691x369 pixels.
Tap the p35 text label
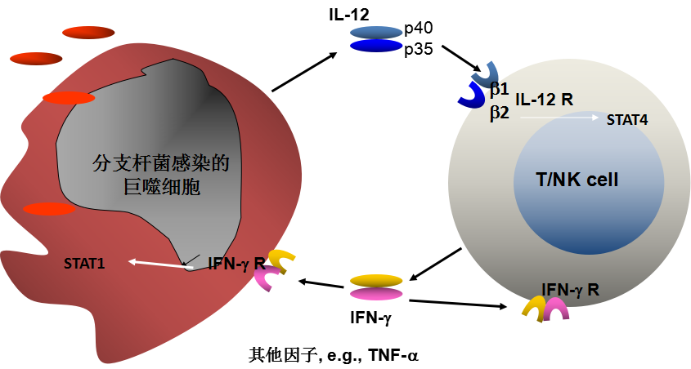pos(424,49)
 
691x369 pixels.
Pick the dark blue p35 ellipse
pos(376,46)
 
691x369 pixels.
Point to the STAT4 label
pos(628,119)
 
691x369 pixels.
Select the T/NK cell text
pos(577,180)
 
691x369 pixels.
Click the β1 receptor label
pos(500,87)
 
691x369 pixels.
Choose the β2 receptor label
pos(500,113)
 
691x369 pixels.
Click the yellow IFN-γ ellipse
pos(376,280)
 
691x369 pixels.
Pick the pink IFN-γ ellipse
pos(376,294)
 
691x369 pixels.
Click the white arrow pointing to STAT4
pos(560,118)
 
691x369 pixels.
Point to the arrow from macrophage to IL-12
pos(303,72)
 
